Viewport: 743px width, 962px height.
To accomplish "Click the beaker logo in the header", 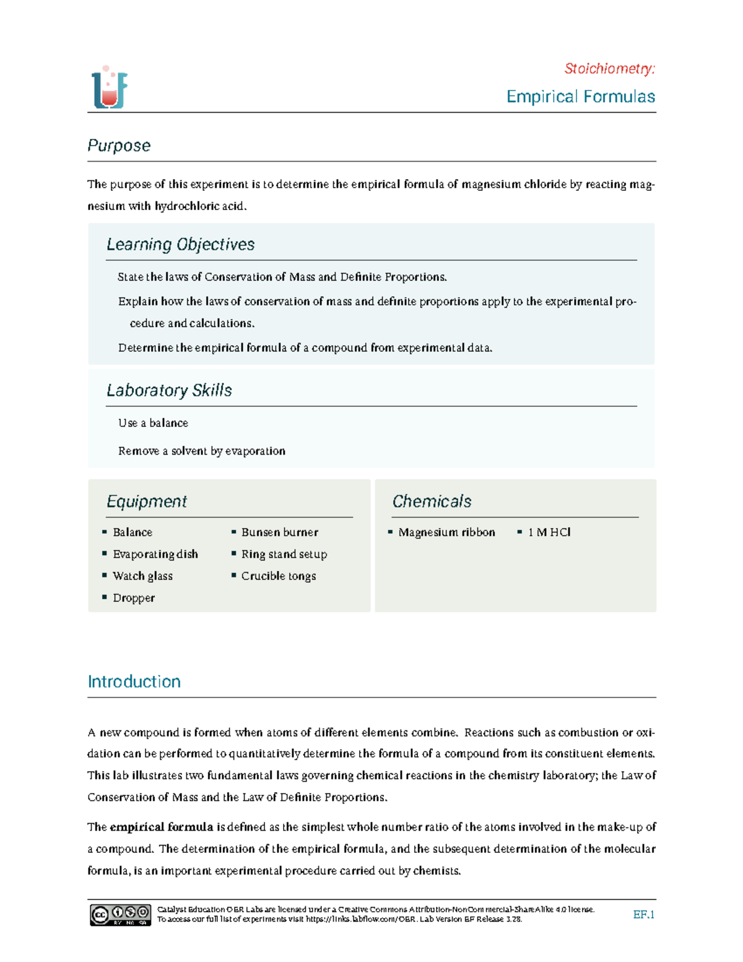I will pyautogui.click(x=110, y=87).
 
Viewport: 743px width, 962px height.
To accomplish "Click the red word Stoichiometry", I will pyautogui.click(x=609, y=69).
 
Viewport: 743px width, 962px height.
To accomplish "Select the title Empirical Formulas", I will pyautogui.click(x=580, y=97).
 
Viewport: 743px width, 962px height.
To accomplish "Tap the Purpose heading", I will pyautogui.click(x=119, y=146).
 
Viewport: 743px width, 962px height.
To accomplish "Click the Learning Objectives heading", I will pyautogui.click(x=180, y=245).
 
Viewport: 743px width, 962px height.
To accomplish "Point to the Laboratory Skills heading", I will pyautogui.click(x=169, y=390).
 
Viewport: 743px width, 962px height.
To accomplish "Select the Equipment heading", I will pyautogui.click(x=147, y=501).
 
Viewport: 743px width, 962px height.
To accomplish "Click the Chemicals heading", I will pyautogui.click(x=432, y=501).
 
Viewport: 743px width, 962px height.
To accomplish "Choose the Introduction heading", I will pyautogui.click(x=134, y=681).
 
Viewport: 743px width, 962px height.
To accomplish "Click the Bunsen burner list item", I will pyautogui.click(x=279, y=532).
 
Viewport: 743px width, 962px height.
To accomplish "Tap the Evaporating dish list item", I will pyautogui.click(x=155, y=554).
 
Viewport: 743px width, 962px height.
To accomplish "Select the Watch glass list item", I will pyautogui.click(x=142, y=575).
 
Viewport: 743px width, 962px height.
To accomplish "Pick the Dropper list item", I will pyautogui.click(x=134, y=598).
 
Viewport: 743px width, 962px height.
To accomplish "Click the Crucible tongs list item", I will pyautogui.click(x=278, y=575).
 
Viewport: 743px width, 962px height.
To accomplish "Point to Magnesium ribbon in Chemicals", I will pyautogui.click(x=446, y=532).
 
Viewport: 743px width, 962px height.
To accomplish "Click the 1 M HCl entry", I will pyautogui.click(x=549, y=532).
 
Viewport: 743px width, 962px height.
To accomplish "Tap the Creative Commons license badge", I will pyautogui.click(x=120, y=914).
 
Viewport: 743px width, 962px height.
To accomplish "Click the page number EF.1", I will pyautogui.click(x=643, y=914).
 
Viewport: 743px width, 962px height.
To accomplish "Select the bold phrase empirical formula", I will pyautogui.click(x=161, y=827).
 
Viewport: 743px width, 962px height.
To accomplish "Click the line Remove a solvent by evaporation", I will pyautogui.click(x=202, y=451).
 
